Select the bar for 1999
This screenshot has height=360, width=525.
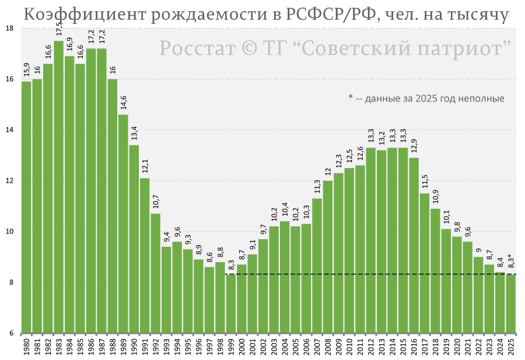click(x=231, y=303)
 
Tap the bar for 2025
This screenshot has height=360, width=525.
click(x=510, y=303)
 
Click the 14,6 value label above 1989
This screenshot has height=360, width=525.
click(x=123, y=103)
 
